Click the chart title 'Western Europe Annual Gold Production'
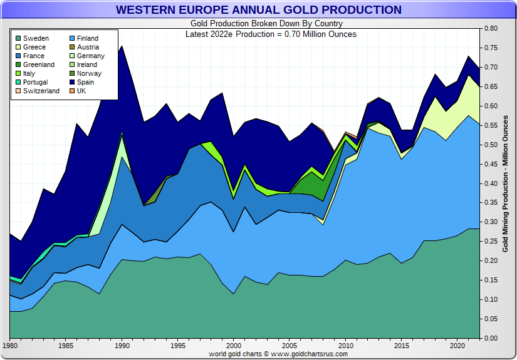click(258, 10)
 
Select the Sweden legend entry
click(36, 39)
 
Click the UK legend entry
click(81, 91)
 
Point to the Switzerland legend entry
click(41, 91)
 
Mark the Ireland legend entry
click(87, 65)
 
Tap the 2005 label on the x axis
click(289, 346)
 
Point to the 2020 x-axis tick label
click(456, 346)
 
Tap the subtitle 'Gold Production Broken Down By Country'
click(258, 24)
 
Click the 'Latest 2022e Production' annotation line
click(271, 34)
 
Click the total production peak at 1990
click(121, 46)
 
